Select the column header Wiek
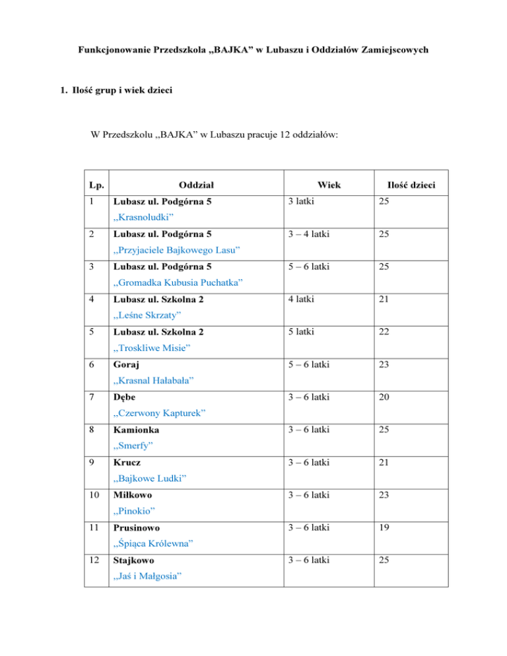(x=328, y=186)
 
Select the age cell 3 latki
(x=301, y=202)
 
